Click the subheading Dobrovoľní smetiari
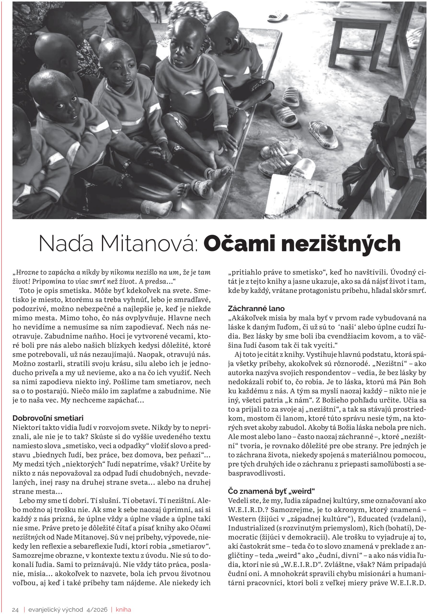pyautogui.click(x=48, y=418)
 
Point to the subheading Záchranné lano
pyautogui.click(x=256, y=308)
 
